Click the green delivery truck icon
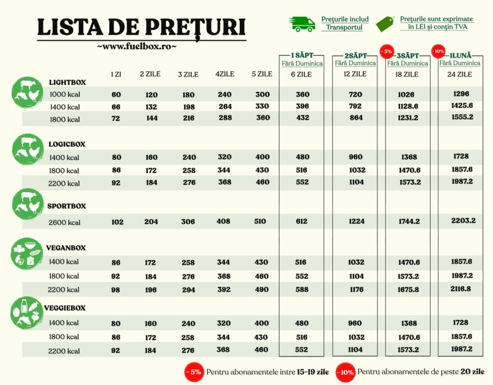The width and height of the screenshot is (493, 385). coord(302,24)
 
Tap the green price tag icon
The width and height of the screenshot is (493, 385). coord(386,24)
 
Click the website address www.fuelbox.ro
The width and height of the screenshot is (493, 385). coord(137,46)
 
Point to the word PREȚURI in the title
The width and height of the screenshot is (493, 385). coord(195,27)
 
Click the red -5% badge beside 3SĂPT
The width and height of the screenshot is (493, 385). coord(387,51)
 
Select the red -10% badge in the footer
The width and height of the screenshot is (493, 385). coord(346,372)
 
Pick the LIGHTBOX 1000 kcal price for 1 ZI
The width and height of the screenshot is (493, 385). coord(116,94)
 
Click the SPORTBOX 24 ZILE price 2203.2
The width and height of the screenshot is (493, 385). coord(464,221)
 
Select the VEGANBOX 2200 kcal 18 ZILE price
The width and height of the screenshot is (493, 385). coord(408,290)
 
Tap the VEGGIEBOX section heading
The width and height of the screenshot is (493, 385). coord(65,308)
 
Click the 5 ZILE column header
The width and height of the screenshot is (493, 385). coord(262,74)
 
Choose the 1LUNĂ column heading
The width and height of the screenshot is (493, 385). coord(460,56)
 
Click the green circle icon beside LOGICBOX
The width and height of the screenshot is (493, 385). coord(27,149)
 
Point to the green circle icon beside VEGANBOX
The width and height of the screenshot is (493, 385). coord(27,254)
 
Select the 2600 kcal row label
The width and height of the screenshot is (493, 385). coord(65,222)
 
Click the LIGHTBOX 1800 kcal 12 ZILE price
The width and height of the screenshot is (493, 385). coord(355,118)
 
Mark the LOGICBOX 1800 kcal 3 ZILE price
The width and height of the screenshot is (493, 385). coord(189,170)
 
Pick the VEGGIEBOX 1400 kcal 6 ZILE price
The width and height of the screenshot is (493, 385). coord(301,323)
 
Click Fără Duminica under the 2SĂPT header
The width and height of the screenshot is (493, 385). coord(355,63)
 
